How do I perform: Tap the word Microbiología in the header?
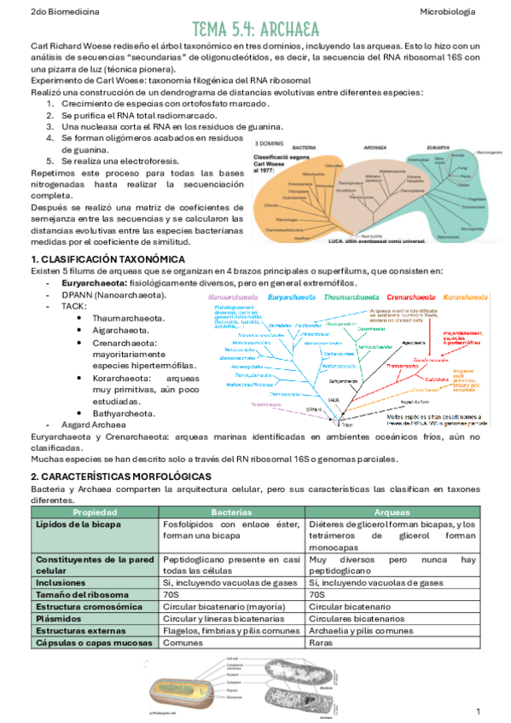click(450, 12)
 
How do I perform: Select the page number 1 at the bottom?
click(478, 710)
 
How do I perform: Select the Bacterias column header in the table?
click(232, 511)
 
